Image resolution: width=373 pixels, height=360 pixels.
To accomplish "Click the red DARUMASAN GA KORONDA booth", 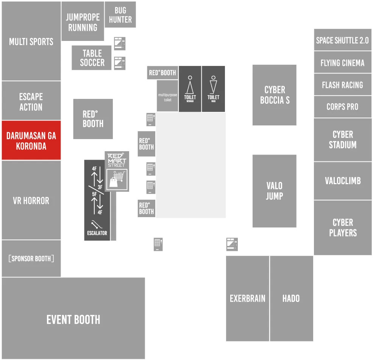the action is [x=31, y=140].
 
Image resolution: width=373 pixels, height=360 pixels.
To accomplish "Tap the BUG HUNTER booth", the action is [x=120, y=14].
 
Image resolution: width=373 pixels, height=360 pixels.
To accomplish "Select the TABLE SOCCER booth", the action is [x=92, y=58].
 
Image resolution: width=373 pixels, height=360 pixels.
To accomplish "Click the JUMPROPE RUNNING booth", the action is [x=83, y=21].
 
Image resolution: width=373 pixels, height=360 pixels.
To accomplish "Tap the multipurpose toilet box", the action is [x=167, y=96].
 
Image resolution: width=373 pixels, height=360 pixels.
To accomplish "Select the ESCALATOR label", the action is [x=97, y=233].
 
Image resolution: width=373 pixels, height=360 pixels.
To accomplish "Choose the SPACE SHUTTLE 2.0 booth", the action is [x=343, y=40].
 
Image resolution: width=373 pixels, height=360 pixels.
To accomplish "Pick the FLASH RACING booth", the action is [x=343, y=85].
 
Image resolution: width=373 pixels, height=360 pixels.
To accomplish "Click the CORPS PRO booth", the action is [x=343, y=106].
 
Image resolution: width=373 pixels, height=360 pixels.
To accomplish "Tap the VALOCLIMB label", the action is [x=343, y=181].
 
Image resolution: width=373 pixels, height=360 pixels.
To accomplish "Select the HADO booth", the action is [x=292, y=299].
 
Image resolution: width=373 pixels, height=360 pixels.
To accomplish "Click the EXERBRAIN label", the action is [x=247, y=299].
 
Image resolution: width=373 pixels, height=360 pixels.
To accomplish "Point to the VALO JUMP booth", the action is [x=275, y=191].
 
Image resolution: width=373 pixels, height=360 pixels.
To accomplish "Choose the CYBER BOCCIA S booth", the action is [x=275, y=95].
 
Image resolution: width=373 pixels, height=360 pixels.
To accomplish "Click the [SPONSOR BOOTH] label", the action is [x=31, y=258].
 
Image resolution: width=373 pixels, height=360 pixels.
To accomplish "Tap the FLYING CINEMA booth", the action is [x=343, y=62].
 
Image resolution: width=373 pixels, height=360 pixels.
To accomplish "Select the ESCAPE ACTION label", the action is [x=31, y=102].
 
